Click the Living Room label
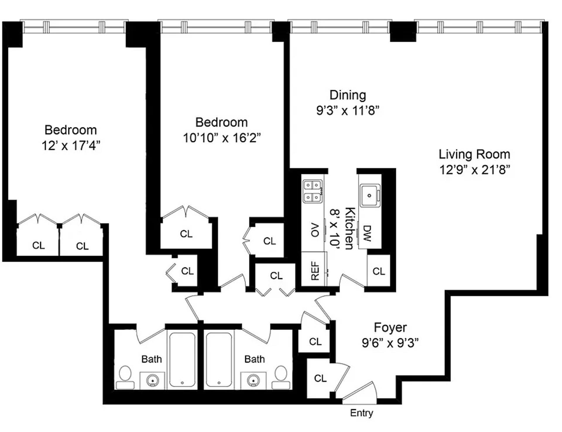[x=474, y=154]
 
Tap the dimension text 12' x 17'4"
[x=71, y=145]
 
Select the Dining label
[x=347, y=95]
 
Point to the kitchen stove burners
[x=312, y=191]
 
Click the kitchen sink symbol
[x=369, y=195]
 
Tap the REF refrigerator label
[x=315, y=270]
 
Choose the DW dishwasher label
[x=367, y=233]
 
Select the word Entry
[x=361, y=413]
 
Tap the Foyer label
[x=390, y=327]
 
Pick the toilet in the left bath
[x=126, y=377]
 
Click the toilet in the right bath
[x=281, y=377]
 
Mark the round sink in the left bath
[x=152, y=381]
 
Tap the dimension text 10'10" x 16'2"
[x=222, y=138]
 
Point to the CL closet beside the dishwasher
[x=378, y=271]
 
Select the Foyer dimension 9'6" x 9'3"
[x=390, y=343]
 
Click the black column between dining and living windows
[x=403, y=31]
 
